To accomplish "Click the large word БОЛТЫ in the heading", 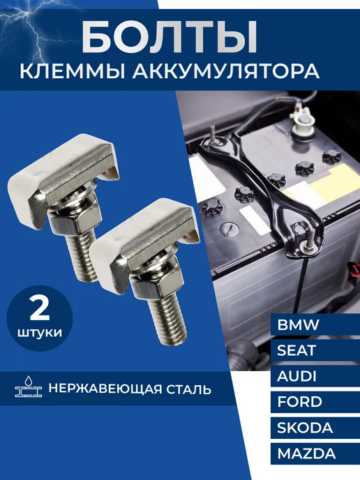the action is click(x=170, y=37).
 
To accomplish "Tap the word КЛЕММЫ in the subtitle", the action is click(x=73, y=73).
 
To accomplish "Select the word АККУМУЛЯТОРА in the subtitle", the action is click(x=227, y=73).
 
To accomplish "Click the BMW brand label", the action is click(x=298, y=324).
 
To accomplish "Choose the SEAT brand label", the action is click(x=296, y=350).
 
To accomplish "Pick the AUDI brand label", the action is click(x=297, y=376).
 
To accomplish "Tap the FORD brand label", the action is click(x=299, y=402).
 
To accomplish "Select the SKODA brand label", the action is click(x=305, y=428).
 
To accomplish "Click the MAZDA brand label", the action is click(x=306, y=453).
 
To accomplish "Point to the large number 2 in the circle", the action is click(x=40, y=308).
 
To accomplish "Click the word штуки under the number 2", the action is click(x=40, y=333).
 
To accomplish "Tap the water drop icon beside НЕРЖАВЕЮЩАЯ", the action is click(x=28, y=381).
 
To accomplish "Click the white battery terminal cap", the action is click(x=301, y=124).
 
